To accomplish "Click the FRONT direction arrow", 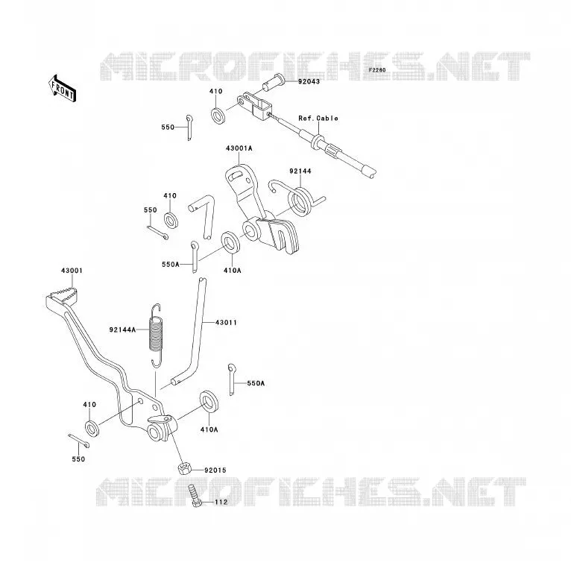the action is coord(62,89).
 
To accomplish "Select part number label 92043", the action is coord(309,81).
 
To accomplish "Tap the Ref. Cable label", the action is coord(318,119).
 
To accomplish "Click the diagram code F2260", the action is coord(377,70).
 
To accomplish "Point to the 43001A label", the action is coord(239,148).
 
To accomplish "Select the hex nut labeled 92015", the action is coord(184,468).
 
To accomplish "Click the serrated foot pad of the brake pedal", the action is coord(60,295).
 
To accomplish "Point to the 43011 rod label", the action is coord(226,322).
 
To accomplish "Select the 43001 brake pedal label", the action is coord(72,271).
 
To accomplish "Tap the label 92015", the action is coord(215,470).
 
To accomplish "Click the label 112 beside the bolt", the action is coord(221,502).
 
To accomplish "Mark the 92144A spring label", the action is coord(123,330).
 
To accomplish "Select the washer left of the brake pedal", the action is coord(92,428).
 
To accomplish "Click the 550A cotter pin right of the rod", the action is coord(232,379).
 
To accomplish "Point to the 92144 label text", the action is coord(300,171).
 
